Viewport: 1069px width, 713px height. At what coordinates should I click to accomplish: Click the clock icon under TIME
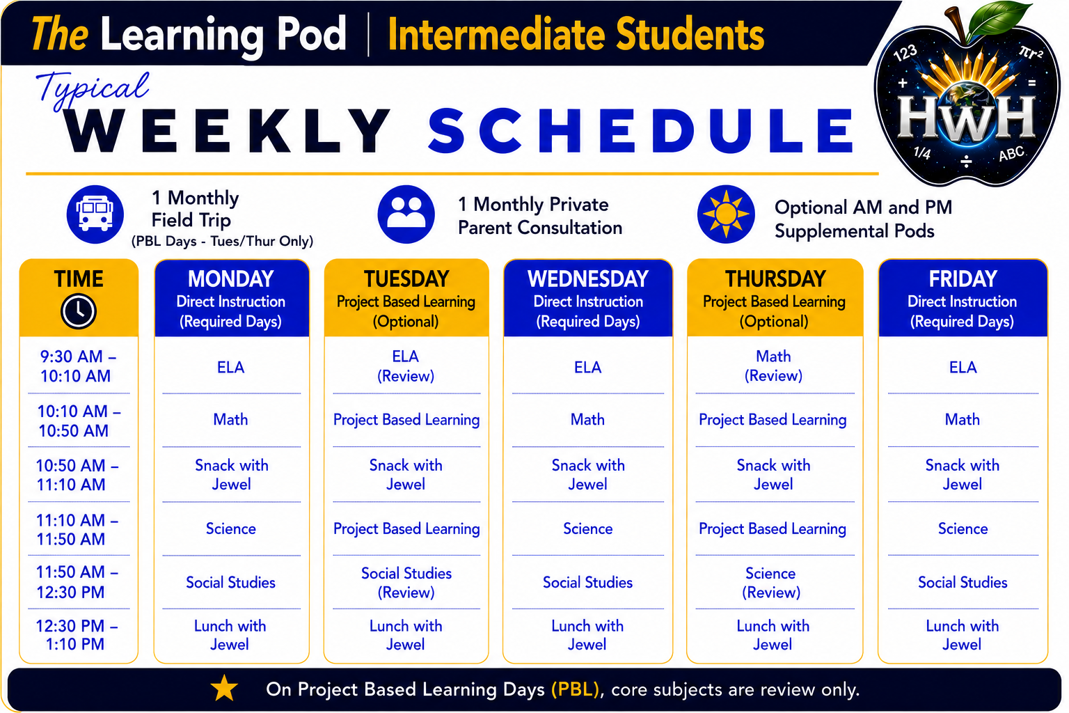click(x=79, y=311)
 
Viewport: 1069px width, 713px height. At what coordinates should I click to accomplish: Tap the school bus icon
click(x=95, y=214)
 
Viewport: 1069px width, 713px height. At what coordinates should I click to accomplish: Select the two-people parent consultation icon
click(x=406, y=214)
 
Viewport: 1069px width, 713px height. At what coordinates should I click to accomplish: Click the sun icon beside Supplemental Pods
click(x=726, y=214)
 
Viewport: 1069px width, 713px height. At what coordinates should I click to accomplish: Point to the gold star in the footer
click(x=224, y=688)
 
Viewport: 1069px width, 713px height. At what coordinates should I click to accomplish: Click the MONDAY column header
click(x=232, y=299)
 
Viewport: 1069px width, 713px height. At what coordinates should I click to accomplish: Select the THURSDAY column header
click(x=775, y=299)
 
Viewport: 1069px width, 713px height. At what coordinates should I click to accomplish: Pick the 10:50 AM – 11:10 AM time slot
click(x=77, y=475)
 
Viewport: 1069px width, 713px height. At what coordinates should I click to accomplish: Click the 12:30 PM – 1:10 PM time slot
click(x=77, y=635)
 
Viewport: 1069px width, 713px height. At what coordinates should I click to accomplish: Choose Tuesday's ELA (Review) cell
click(x=406, y=366)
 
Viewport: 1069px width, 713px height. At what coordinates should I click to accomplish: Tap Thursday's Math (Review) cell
click(x=774, y=366)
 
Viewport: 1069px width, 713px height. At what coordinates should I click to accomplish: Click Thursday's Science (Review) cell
click(x=770, y=583)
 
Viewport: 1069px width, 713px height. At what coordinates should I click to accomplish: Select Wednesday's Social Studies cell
click(x=587, y=582)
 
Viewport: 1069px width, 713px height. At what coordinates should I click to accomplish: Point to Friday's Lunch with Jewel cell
click(x=962, y=635)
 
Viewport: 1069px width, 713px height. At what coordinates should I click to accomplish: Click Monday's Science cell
click(x=231, y=528)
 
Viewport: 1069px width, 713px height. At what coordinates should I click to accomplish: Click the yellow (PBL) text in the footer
click(x=575, y=689)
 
